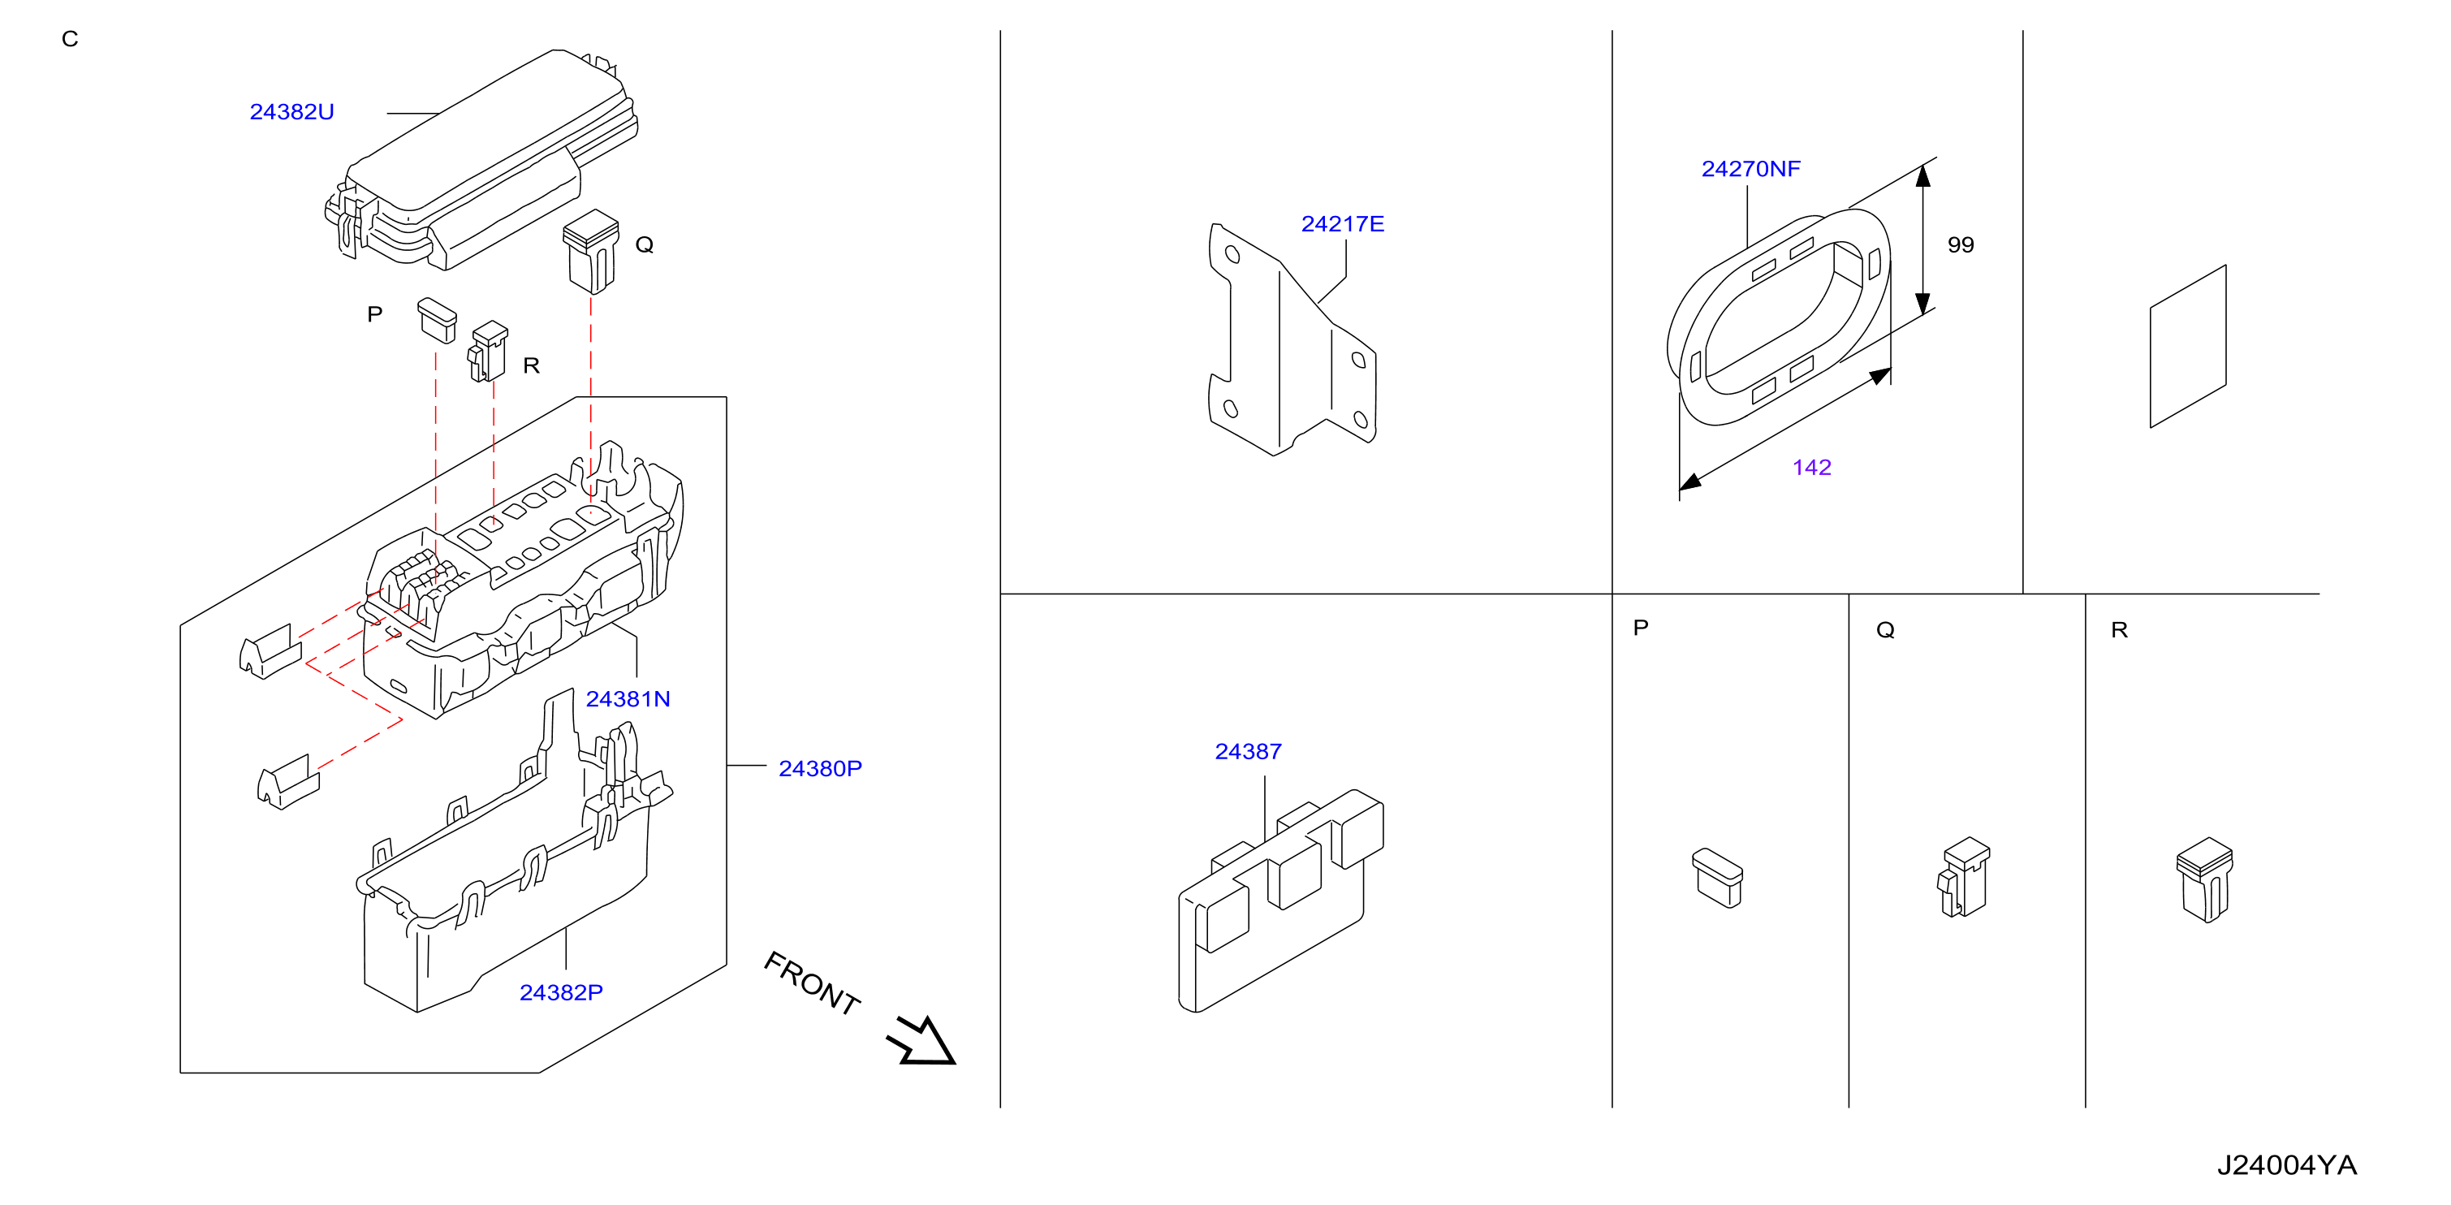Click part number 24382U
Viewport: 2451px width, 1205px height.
pos(291,111)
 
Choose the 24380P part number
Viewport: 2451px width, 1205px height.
pos(819,768)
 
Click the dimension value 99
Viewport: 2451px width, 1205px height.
pos(1960,244)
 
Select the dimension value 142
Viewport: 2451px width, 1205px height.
pos(1810,468)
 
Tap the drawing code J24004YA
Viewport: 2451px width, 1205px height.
pos(2286,1165)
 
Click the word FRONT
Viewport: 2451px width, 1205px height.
pos(812,983)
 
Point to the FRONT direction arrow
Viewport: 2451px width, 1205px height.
pos(920,1040)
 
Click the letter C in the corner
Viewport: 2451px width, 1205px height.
pos(70,39)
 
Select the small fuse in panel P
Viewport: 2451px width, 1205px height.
pos(1717,878)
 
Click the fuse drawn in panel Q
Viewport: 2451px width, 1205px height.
pos(1963,877)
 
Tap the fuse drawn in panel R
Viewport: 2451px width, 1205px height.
pos(2203,879)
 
